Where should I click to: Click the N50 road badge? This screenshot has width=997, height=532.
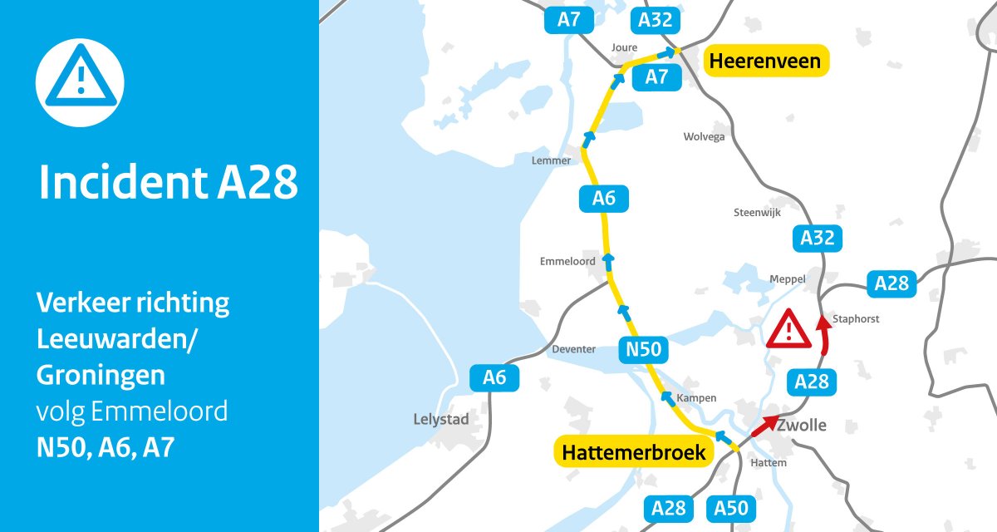click(x=644, y=350)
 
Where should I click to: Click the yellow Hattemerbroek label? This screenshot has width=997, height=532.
click(x=634, y=452)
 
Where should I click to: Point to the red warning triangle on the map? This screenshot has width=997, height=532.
click(x=789, y=329)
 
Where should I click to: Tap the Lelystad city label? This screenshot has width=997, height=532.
click(x=440, y=420)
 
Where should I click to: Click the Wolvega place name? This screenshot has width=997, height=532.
click(x=704, y=136)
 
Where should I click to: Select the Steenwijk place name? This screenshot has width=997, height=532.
click(x=759, y=213)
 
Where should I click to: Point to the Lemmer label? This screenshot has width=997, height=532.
click(x=551, y=160)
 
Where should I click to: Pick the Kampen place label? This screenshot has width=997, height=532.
click(x=696, y=398)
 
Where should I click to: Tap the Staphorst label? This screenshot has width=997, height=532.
click(x=855, y=318)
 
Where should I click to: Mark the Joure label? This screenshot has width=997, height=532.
click(x=623, y=47)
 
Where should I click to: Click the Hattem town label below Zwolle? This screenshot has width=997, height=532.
click(x=768, y=462)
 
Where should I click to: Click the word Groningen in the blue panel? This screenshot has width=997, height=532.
click(x=101, y=376)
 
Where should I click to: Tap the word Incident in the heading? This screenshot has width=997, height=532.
click(x=121, y=184)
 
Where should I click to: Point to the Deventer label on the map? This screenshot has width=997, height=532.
click(x=573, y=349)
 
